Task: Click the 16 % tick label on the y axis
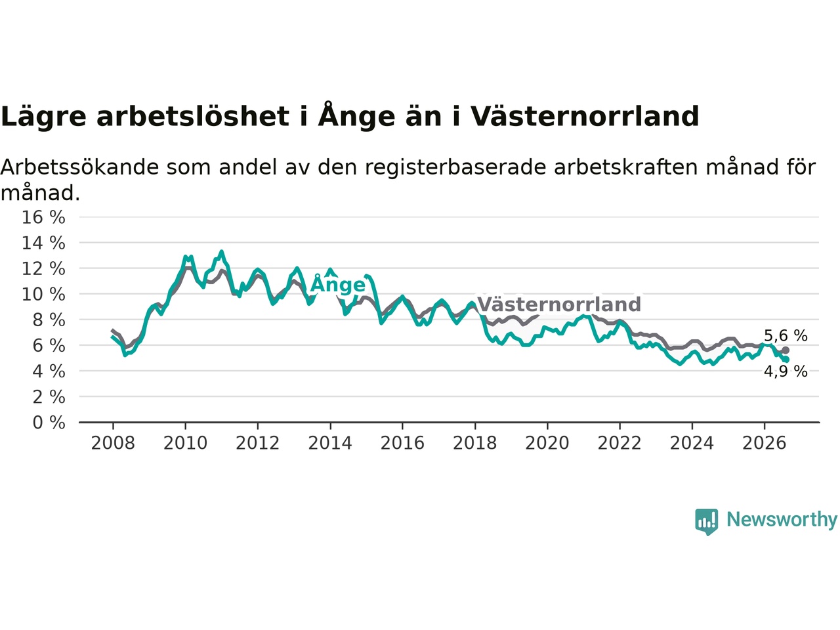tap(43, 217)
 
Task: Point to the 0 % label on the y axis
tap(49, 423)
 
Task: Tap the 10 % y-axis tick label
tap(43, 295)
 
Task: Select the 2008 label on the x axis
tap(113, 444)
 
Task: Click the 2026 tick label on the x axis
tap(765, 444)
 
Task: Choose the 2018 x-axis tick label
tap(475, 444)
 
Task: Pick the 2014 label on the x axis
tap(330, 444)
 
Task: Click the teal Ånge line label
tap(338, 283)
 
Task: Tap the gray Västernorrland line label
tap(559, 304)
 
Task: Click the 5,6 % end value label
tap(786, 336)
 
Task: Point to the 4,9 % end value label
tap(786, 371)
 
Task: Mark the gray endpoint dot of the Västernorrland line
tap(786, 350)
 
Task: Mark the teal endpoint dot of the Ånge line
tap(786, 360)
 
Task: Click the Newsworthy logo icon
tap(706, 522)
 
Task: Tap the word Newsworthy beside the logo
tap(782, 520)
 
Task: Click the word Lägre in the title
tap(43, 116)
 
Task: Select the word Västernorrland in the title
tap(585, 116)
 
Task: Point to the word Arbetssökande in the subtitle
tap(79, 167)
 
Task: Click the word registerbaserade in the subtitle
tap(455, 168)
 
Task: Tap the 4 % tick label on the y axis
tap(49, 371)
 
